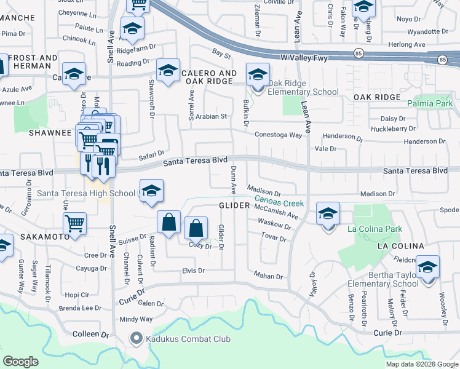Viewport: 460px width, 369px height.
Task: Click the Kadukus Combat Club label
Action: tap(178, 338)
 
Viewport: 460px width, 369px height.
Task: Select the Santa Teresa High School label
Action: tap(86, 193)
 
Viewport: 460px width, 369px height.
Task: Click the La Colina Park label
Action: tap(375, 229)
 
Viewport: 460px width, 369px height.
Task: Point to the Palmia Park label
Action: tap(429, 103)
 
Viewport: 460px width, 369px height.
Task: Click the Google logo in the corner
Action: tap(21, 362)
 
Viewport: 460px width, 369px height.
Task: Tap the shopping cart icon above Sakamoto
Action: tap(74, 224)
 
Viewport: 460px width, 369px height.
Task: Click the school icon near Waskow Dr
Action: tap(328, 214)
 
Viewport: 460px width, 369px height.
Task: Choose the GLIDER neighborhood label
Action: tap(234, 205)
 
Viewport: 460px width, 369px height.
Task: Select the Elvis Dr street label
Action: tap(193, 270)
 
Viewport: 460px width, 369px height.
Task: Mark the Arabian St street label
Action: tap(212, 116)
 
